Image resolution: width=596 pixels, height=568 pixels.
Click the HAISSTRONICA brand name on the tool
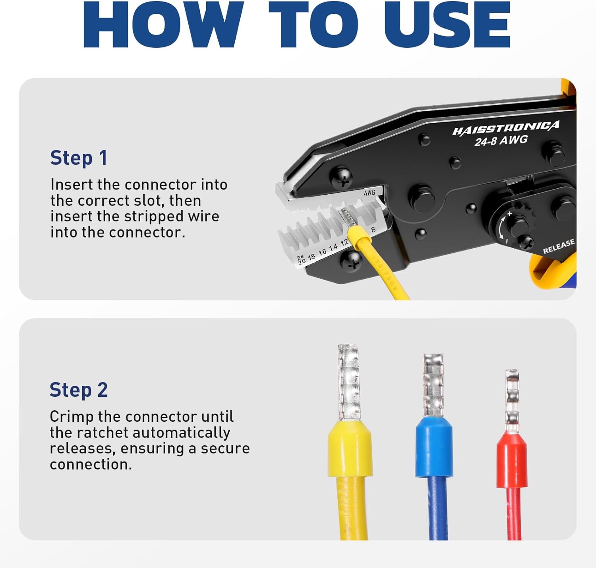tap(506, 128)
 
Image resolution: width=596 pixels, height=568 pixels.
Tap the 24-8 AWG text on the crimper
tap(501, 141)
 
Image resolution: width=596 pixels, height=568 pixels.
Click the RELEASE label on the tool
tap(559, 246)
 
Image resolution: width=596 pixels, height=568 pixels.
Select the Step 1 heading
tap(79, 158)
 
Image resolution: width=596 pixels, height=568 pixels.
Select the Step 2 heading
tap(79, 390)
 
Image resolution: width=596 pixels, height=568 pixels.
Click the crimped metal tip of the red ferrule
tap(512, 401)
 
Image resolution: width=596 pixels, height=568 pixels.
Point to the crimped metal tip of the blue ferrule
tap(433, 385)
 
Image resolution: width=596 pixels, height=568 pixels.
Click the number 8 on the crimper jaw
tap(373, 230)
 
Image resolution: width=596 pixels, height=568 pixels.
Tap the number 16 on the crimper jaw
tap(322, 251)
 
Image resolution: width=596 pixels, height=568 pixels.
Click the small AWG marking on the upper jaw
tap(369, 193)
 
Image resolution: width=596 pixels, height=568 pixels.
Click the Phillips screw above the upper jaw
tap(341, 178)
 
